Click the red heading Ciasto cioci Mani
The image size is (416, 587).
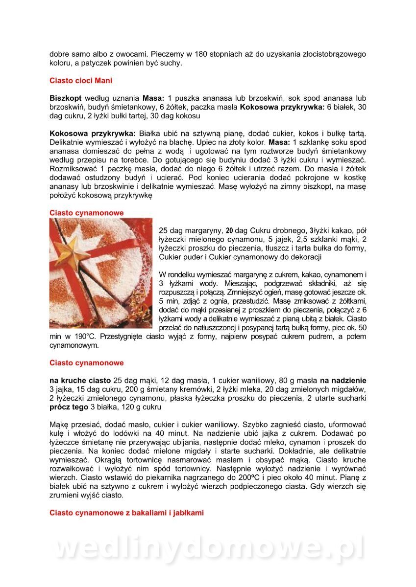(81, 80)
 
